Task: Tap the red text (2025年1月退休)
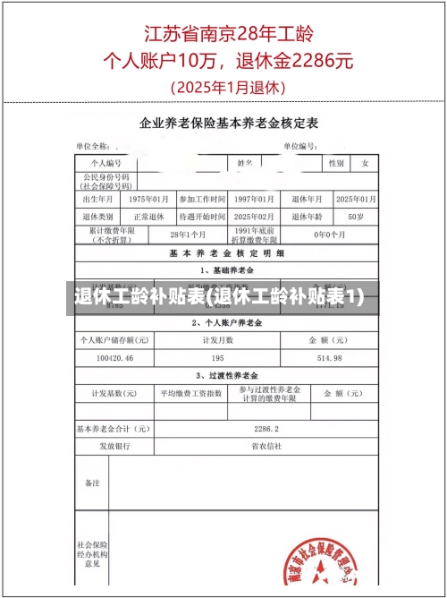pyautogui.click(x=227, y=88)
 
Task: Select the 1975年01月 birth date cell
pyautogui.click(x=149, y=199)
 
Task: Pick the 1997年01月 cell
pyautogui.click(x=253, y=199)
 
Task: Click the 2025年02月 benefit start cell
pyautogui.click(x=253, y=217)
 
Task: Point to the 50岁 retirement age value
pyautogui.click(x=355, y=217)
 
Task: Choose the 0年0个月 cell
pyautogui.click(x=328, y=235)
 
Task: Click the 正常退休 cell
pyautogui.click(x=149, y=217)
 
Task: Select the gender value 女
pyautogui.click(x=365, y=164)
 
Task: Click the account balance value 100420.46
pyautogui.click(x=114, y=358)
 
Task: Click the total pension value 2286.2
pyautogui.click(x=266, y=429)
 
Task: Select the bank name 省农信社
pyautogui.click(x=266, y=446)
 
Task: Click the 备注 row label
pyautogui.click(x=93, y=483)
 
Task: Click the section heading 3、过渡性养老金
pyautogui.click(x=225, y=375)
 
